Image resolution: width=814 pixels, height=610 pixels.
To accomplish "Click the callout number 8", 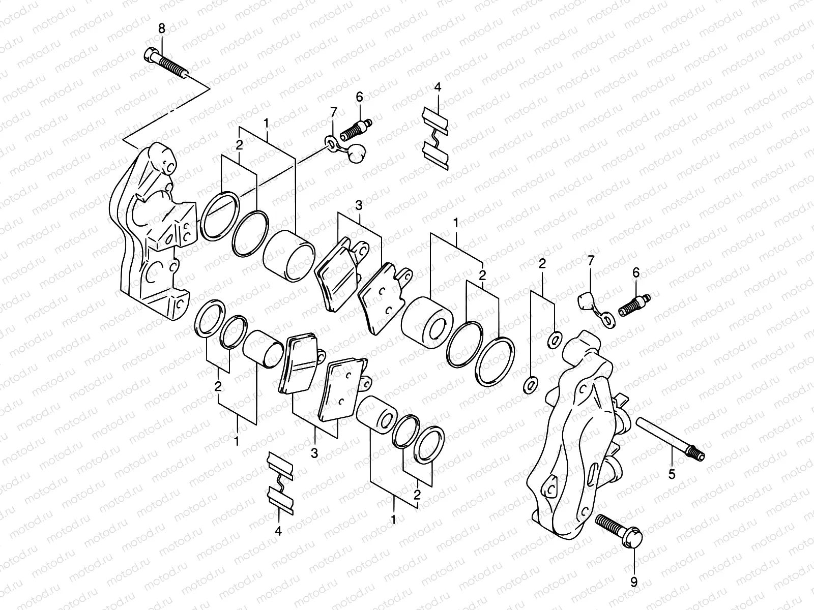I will point(162,29).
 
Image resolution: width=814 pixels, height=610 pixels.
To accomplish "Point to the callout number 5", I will point(672,475).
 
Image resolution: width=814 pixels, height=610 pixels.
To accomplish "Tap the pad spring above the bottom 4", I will point(280,480).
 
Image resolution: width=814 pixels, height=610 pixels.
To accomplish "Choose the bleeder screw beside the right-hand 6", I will point(633,304).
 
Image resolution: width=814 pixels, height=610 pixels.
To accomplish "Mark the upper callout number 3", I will point(359,206).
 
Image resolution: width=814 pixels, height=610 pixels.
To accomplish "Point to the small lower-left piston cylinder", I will point(263,348).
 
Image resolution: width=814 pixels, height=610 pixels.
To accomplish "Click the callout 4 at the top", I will point(437,87).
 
